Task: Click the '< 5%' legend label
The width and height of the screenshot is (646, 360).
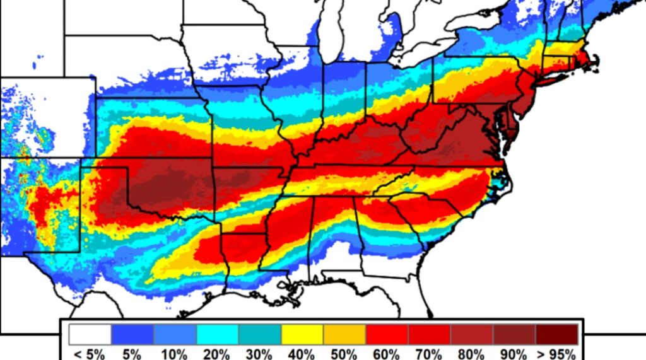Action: point(90,354)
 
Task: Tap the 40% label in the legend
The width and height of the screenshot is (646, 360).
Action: point(302,354)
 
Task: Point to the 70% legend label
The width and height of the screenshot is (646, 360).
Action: point(429,354)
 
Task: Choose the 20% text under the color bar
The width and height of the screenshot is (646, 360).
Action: point(217,354)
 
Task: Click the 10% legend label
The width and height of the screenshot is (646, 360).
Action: point(174,354)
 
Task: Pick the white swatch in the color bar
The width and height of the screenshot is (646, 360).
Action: point(90,334)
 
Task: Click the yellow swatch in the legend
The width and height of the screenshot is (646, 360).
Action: point(302,334)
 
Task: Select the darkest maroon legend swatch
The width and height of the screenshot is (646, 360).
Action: point(557,334)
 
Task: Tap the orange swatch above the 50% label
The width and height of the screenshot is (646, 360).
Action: point(344,334)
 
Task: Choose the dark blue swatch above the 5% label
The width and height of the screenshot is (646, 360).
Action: point(132,334)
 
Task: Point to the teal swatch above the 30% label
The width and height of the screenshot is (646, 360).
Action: point(260,334)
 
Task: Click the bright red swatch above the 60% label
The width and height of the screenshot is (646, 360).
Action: point(387,334)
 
